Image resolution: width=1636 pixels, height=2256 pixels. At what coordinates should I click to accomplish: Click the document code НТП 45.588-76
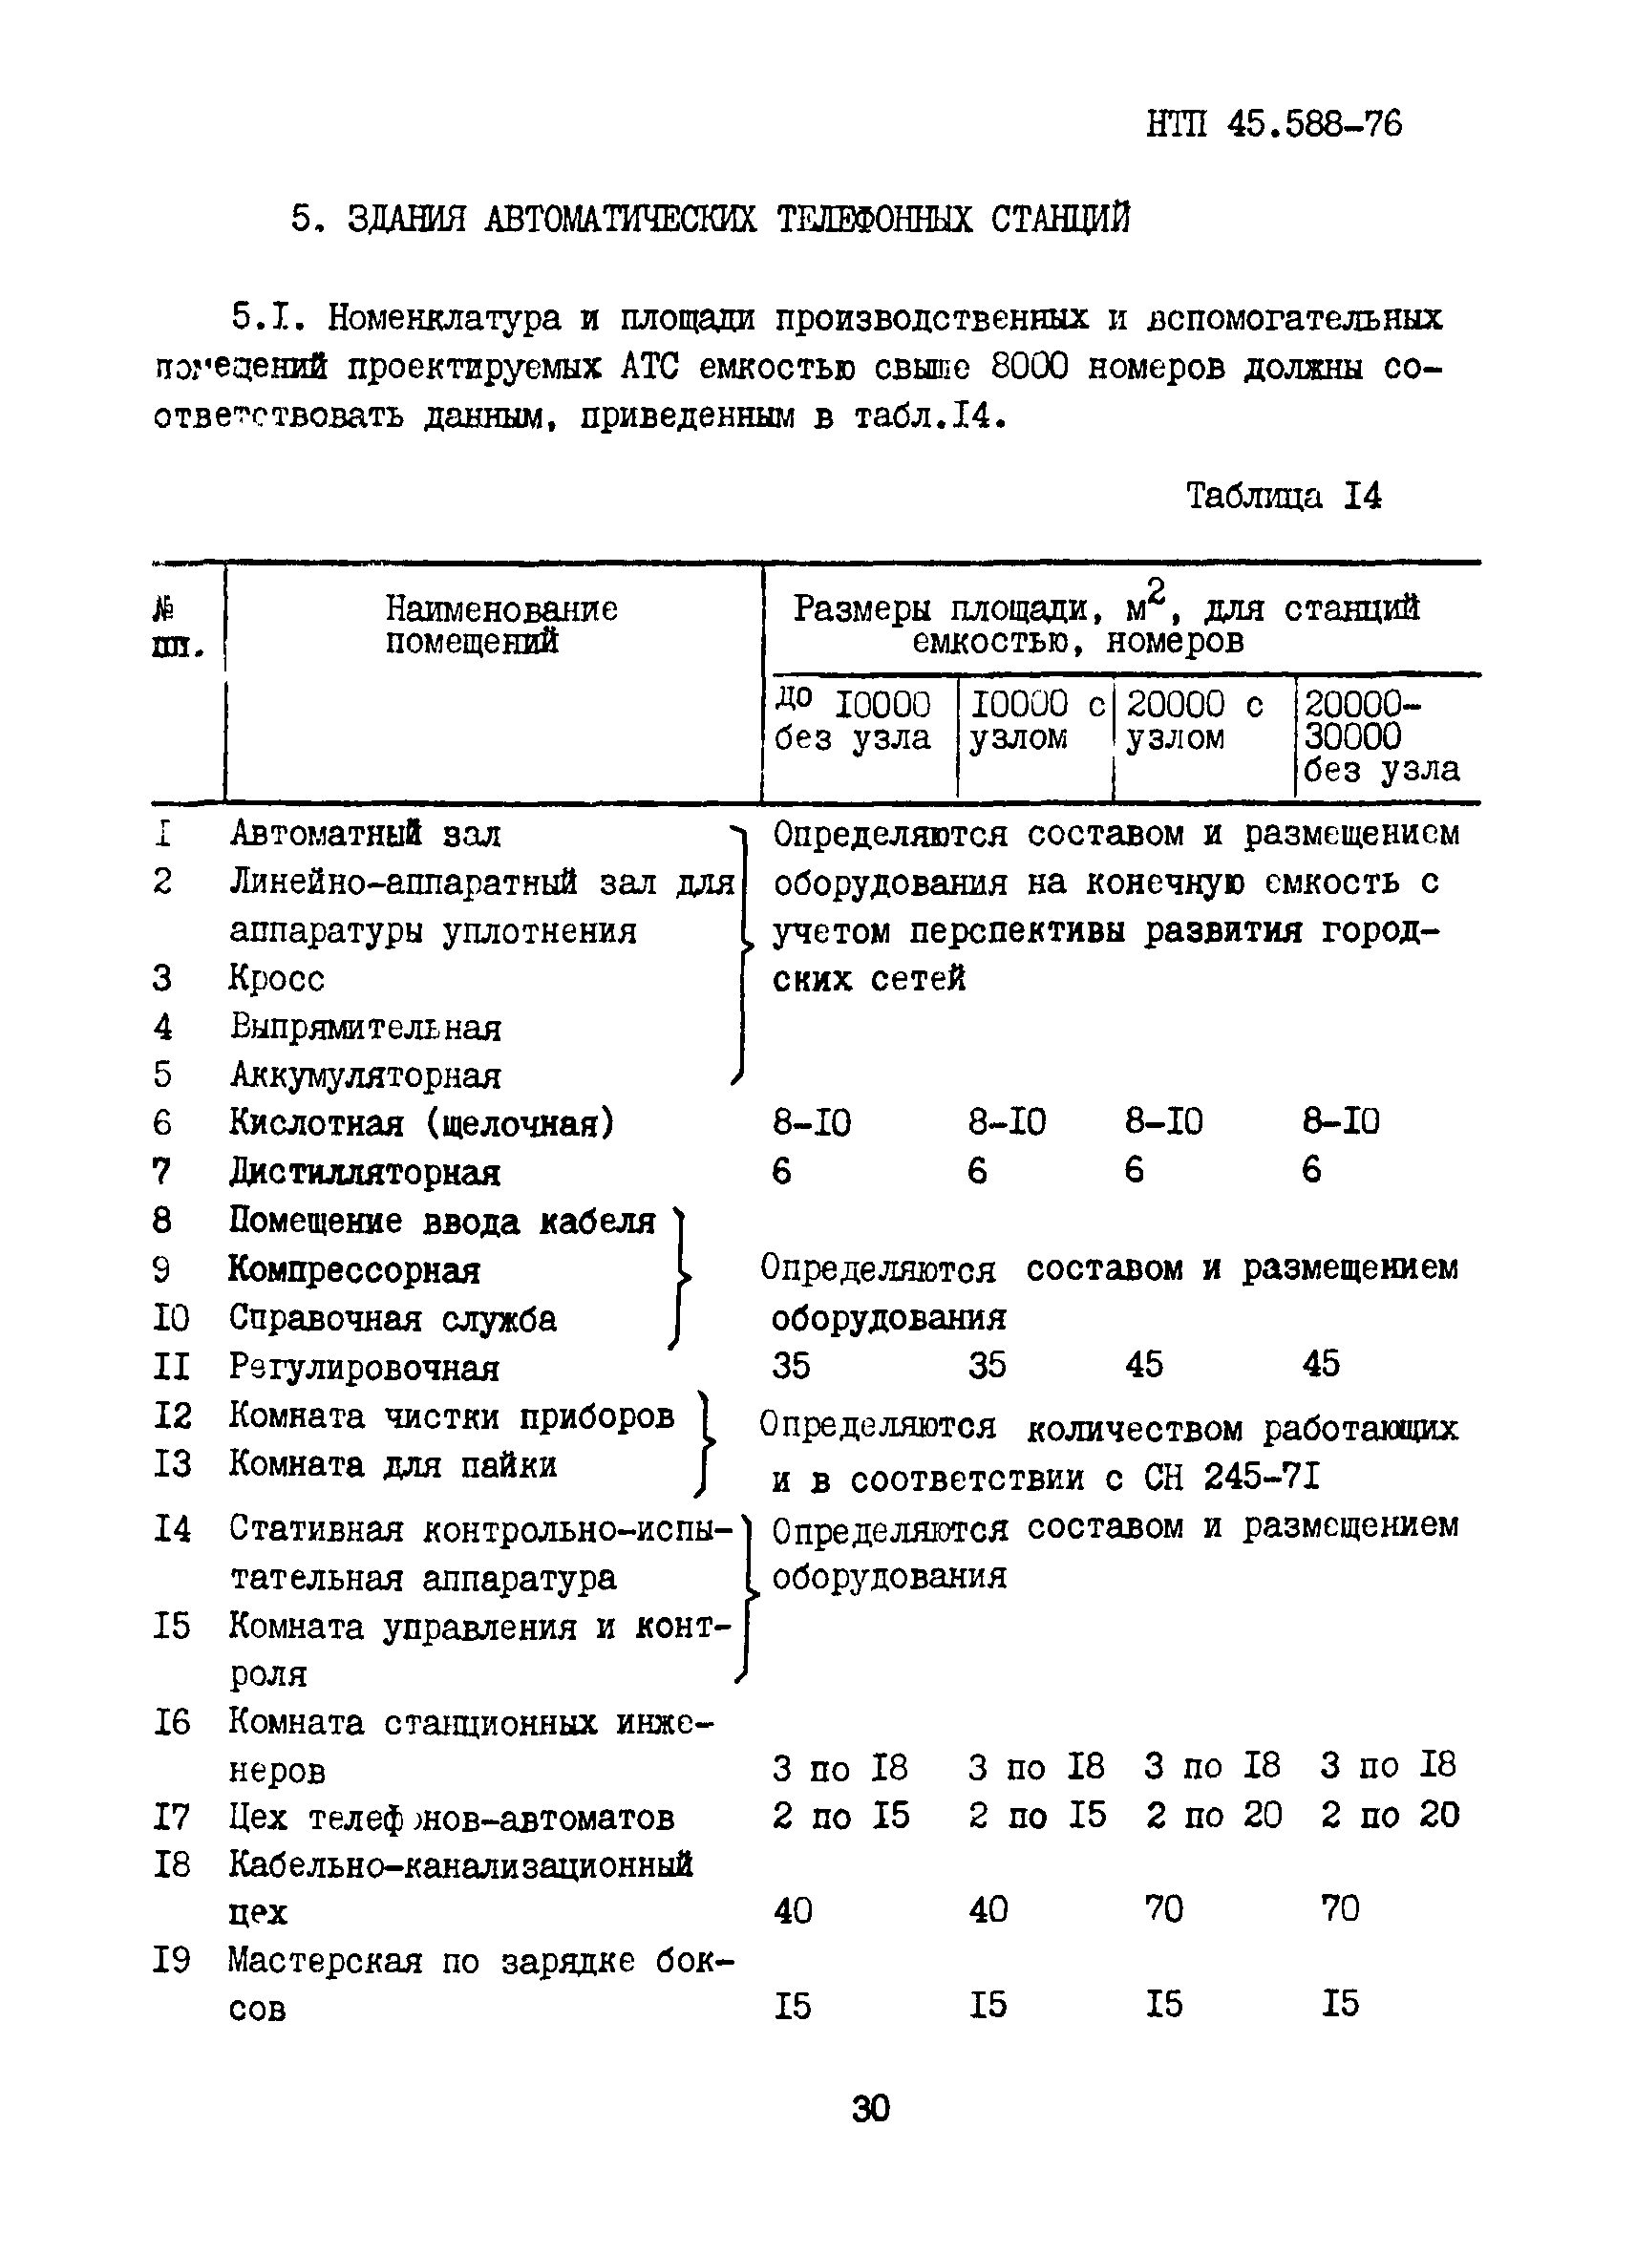1274,124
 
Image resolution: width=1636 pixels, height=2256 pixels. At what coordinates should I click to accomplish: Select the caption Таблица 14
1283,496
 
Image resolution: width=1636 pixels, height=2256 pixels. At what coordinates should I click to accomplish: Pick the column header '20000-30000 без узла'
1380,736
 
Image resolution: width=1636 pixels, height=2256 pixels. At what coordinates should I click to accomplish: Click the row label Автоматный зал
365,834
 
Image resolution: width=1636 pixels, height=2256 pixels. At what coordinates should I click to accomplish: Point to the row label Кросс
276,978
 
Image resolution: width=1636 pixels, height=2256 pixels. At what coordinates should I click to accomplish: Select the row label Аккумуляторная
365,1075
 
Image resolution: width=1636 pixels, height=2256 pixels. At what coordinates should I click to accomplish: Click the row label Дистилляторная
364,1172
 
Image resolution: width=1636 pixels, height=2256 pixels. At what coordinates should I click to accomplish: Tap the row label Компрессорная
354,1270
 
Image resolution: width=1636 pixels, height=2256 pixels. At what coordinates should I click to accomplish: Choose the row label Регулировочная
364,1368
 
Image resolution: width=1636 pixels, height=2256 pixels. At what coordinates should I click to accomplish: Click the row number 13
171,1464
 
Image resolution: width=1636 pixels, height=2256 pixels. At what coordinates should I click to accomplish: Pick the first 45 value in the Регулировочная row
1144,1364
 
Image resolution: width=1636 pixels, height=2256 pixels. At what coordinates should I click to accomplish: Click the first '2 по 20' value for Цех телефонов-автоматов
1213,1816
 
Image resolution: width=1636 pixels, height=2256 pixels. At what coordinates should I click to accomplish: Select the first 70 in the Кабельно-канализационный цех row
1163,1909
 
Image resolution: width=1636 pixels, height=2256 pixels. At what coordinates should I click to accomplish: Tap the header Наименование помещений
500,625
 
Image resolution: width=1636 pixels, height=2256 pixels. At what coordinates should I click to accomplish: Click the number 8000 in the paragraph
1030,367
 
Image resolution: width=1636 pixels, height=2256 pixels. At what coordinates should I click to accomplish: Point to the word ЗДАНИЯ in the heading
406,219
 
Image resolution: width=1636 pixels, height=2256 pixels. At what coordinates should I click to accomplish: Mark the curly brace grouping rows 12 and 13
705,1441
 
